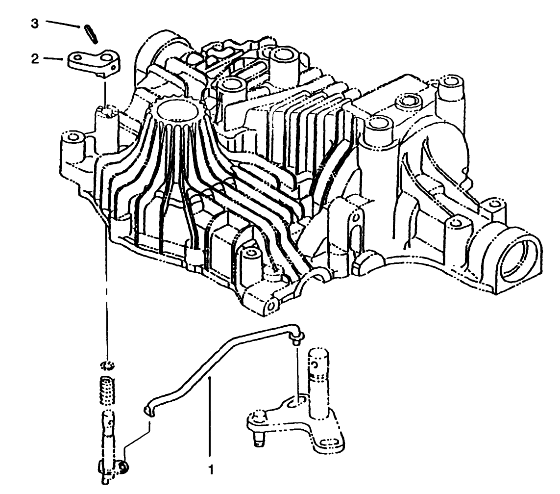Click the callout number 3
[x=34, y=24]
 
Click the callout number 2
[x=34, y=59]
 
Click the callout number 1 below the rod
[x=211, y=469]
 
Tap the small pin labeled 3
[x=91, y=34]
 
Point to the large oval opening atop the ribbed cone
[x=177, y=109]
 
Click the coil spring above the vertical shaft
[x=106, y=390]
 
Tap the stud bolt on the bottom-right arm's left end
[x=258, y=427]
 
